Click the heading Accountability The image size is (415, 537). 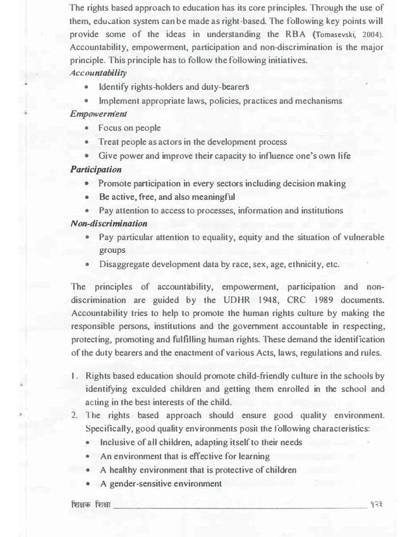coord(97,73)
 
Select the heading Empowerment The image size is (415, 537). coord(99,114)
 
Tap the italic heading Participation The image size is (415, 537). coord(96,170)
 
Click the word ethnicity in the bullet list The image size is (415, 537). coord(302,264)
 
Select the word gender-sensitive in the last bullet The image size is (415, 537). coord(139,483)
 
